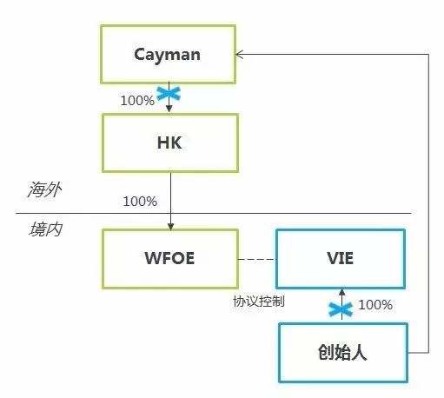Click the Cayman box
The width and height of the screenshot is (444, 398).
(x=168, y=55)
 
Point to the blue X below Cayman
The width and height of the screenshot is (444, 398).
(x=168, y=94)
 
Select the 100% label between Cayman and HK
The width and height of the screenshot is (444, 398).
(x=137, y=101)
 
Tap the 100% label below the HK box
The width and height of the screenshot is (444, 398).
(x=140, y=202)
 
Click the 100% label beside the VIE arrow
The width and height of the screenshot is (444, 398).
(x=375, y=305)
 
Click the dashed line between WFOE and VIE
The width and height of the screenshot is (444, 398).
(x=257, y=259)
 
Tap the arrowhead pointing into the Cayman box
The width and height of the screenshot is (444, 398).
(x=241, y=55)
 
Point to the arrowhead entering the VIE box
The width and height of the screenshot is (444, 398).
(x=342, y=293)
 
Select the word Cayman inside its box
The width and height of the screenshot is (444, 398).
(x=168, y=55)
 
